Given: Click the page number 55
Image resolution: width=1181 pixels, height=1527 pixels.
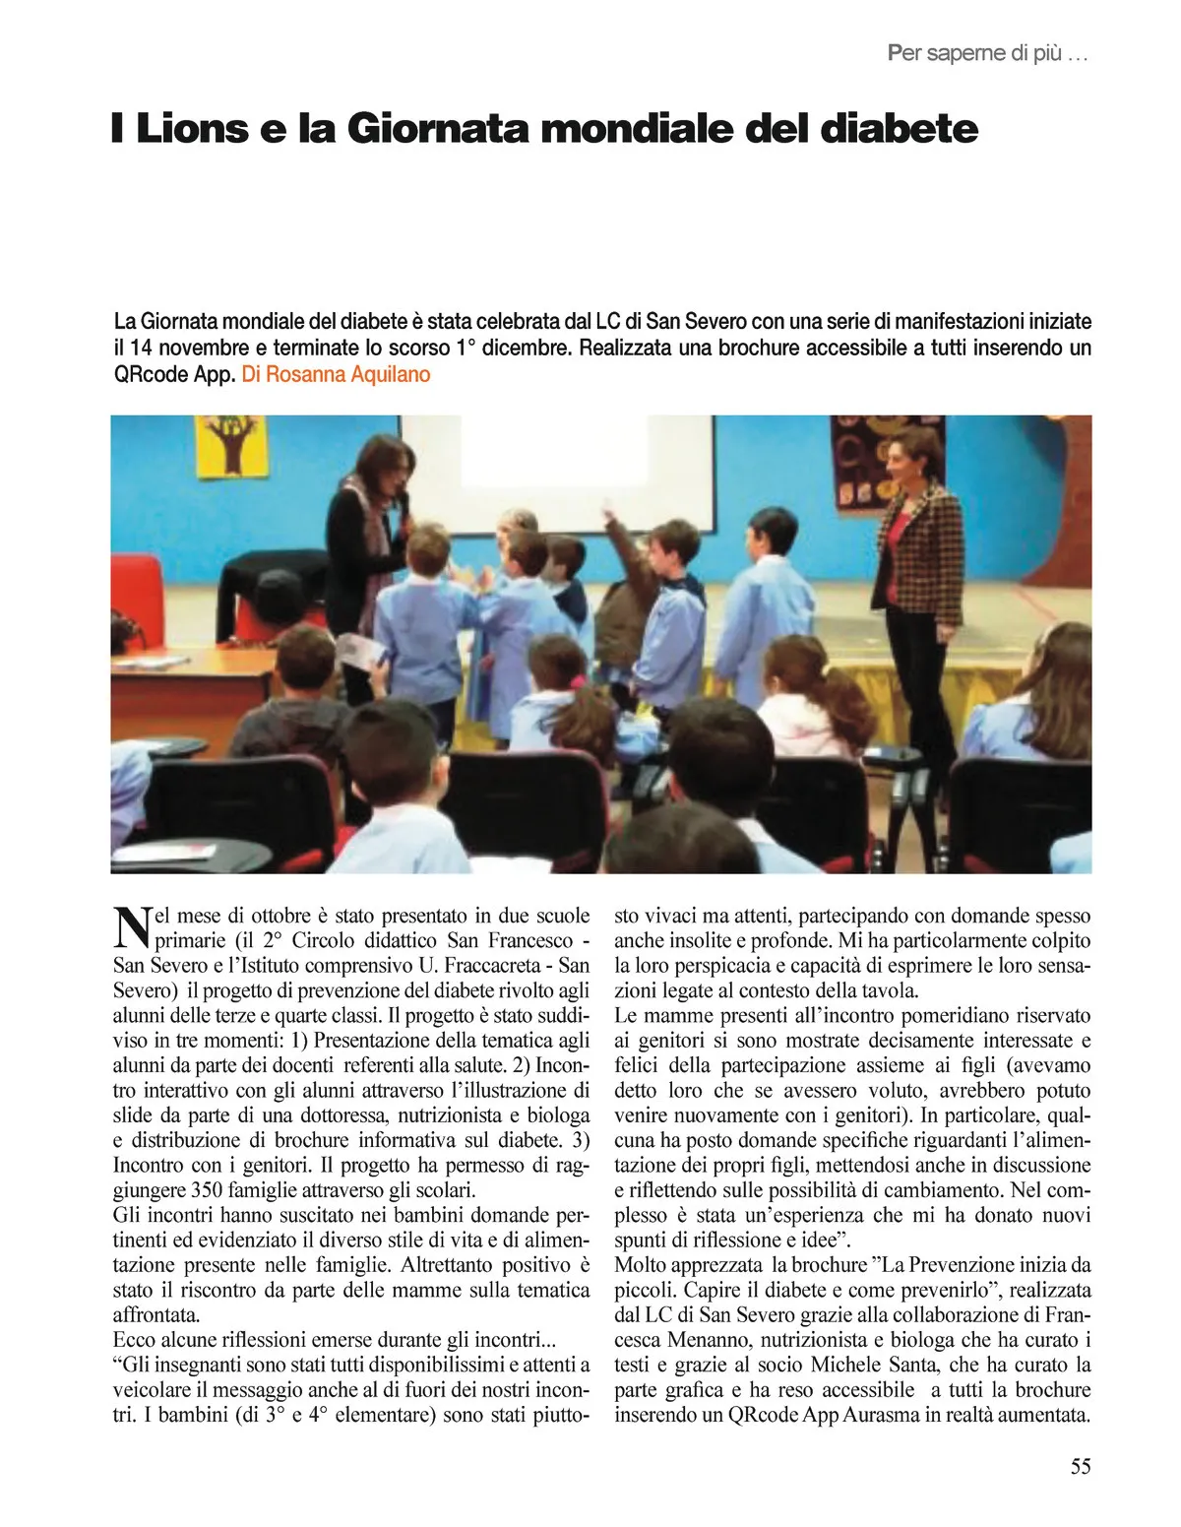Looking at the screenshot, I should (x=1080, y=1467).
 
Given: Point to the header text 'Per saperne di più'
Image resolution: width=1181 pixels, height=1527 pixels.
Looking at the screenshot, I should (x=987, y=54).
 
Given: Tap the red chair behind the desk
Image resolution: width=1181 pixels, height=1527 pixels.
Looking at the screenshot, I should (x=261, y=611).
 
